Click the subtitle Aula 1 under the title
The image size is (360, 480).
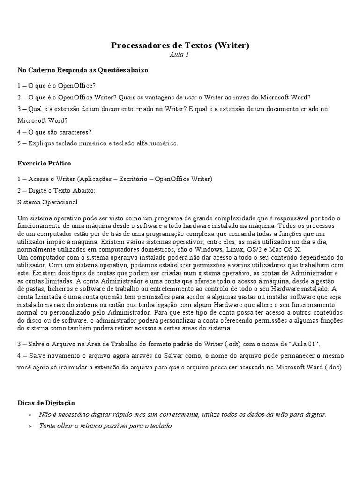(x=180, y=55)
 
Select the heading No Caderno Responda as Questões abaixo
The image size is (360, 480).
(x=82, y=70)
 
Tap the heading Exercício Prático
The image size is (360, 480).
(x=44, y=164)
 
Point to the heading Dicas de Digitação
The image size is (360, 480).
(x=46, y=403)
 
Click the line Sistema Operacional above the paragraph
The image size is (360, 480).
(x=47, y=202)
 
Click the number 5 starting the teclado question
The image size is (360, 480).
(x=19, y=143)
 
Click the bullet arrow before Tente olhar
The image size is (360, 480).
(x=30, y=426)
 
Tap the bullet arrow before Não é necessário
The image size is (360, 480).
(x=30, y=415)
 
